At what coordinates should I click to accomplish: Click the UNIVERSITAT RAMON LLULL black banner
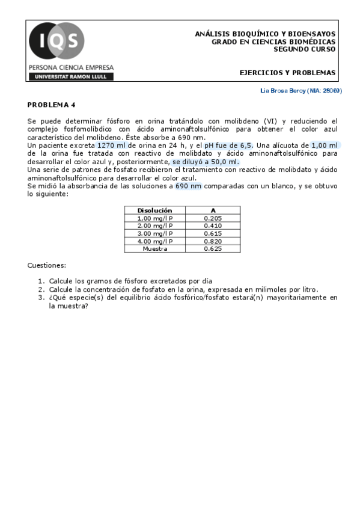coord(70,76)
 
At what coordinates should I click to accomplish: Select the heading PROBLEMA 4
coord(52,104)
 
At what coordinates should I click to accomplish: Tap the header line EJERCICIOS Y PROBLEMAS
coord(287,73)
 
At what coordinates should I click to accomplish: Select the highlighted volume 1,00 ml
coord(325,146)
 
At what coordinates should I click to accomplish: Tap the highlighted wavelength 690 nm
coord(188,186)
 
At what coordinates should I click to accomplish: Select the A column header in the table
coord(213,210)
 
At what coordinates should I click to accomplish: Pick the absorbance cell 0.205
coord(213,218)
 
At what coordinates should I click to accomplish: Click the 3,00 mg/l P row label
coord(154,233)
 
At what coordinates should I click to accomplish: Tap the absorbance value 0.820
coord(213,241)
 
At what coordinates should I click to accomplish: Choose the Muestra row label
coord(154,248)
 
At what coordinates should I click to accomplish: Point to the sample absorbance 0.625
coord(213,248)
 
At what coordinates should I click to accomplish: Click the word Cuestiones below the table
coord(47,265)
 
